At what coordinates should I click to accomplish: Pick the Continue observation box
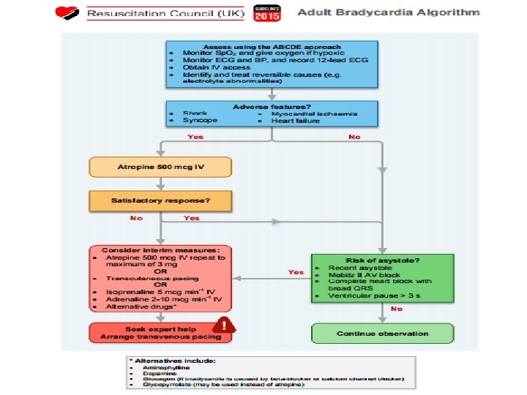(381, 334)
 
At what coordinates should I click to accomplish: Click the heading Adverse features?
(271, 107)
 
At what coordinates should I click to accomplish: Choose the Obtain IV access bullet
(212, 67)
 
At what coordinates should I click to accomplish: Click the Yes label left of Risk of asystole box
(296, 272)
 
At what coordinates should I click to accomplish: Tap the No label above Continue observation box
(396, 310)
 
